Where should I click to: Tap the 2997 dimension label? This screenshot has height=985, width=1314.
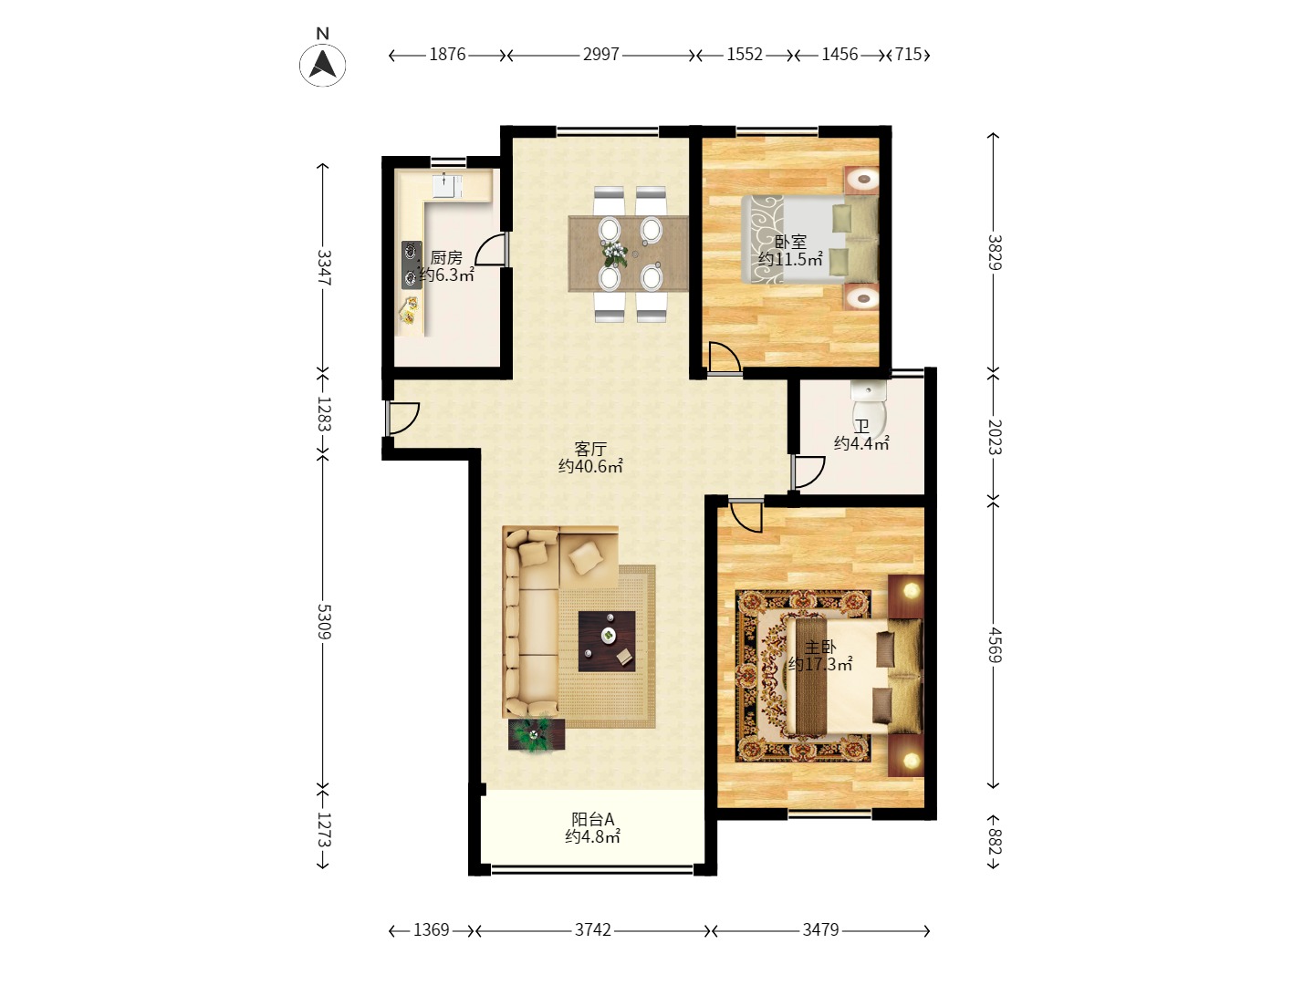(600, 55)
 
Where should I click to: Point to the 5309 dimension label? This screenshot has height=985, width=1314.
(324, 621)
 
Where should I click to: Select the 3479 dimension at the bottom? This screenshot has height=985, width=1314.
(820, 929)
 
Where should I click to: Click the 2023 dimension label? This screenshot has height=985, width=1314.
(994, 437)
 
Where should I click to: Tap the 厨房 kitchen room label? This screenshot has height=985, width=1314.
(446, 258)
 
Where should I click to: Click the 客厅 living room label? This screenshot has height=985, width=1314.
(590, 449)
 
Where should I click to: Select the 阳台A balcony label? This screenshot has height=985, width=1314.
(592, 819)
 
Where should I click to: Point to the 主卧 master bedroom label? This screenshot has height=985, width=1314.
(820, 648)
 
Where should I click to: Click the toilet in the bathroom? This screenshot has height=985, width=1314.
(869, 410)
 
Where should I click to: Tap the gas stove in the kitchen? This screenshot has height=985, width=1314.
(412, 264)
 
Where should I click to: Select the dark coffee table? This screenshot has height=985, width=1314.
(607, 641)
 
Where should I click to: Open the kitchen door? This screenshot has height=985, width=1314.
(492, 249)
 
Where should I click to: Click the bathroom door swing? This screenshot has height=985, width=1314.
(808, 472)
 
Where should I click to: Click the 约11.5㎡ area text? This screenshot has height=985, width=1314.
(790, 260)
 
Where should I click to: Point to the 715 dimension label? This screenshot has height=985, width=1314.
(908, 55)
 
